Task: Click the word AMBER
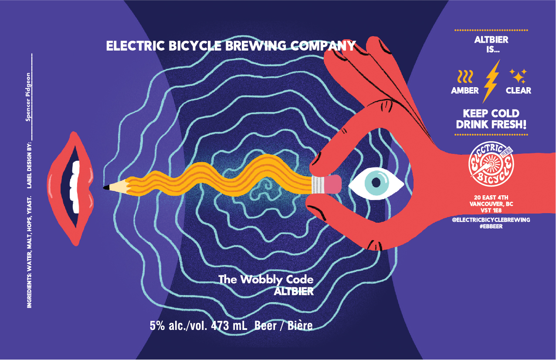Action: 464,91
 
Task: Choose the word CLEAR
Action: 519,91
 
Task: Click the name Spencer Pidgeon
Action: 29,96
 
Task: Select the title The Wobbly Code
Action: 266,279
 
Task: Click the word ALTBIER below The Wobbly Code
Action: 294,292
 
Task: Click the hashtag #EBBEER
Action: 491,226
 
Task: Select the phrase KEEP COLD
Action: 491,114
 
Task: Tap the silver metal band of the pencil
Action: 319,184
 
